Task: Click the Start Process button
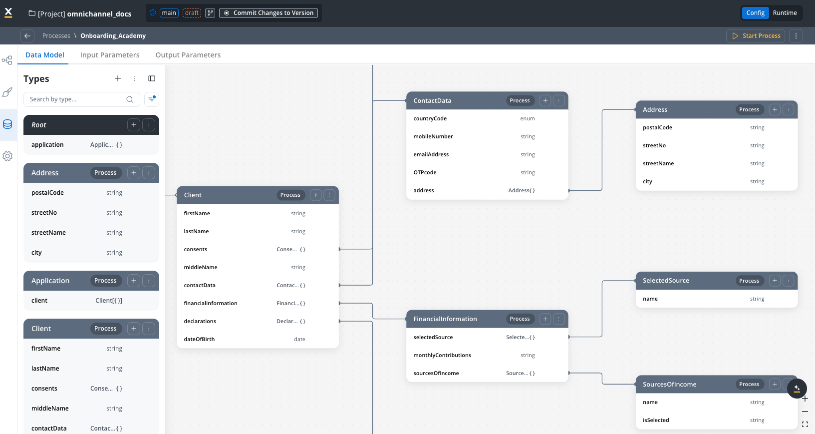point(756,36)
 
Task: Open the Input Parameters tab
point(110,55)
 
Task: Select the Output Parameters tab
point(188,55)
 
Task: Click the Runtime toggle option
point(785,13)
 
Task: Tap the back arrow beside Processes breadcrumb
point(27,36)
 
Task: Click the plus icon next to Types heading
point(118,78)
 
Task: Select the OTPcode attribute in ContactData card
point(425,172)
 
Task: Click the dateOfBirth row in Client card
point(199,339)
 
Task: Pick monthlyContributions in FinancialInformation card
point(442,355)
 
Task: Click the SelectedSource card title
point(666,281)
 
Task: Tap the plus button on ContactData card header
point(545,101)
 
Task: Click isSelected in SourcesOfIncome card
point(656,420)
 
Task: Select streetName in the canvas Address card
point(658,163)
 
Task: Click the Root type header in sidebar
point(75,125)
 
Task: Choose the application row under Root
point(47,145)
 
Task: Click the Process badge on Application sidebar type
point(105,281)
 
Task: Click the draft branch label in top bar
point(192,13)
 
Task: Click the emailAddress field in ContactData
point(431,154)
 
